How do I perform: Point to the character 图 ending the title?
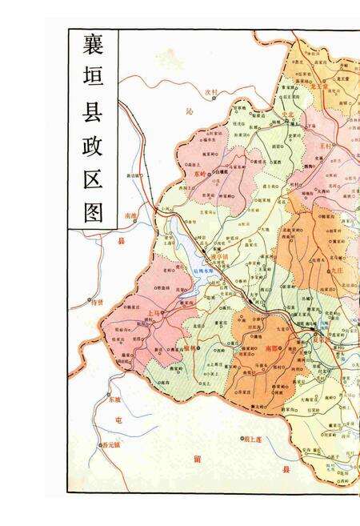click(93, 211)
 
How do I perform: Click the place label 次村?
click(211, 92)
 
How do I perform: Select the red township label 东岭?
click(200, 172)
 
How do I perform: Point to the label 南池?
click(131, 217)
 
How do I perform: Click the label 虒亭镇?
click(220, 256)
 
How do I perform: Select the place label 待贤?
click(98, 302)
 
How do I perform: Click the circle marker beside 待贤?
click(90, 302)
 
